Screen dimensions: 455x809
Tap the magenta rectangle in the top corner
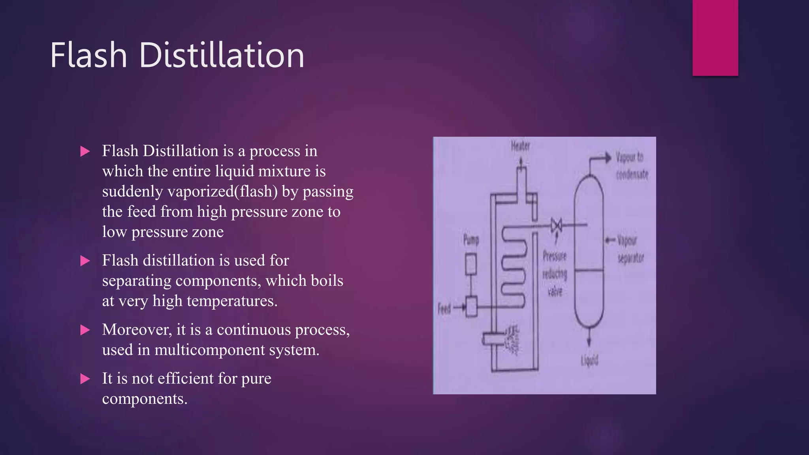pos(715,38)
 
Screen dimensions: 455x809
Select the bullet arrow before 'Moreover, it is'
pos(85,330)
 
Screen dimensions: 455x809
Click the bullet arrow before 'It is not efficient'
pos(85,379)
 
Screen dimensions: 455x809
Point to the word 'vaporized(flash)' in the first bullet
pos(223,192)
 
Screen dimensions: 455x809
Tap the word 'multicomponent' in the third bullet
pos(210,350)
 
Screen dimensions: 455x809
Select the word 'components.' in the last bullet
pos(145,399)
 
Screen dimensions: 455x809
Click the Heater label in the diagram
pos(520,146)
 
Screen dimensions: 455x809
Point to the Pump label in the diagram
pos(471,239)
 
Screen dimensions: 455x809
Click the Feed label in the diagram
pos(444,308)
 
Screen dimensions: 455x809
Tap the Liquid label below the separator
pos(589,360)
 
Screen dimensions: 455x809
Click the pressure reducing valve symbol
pos(557,226)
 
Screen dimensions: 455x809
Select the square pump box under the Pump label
pos(471,264)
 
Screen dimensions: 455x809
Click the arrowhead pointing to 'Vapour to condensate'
pos(608,158)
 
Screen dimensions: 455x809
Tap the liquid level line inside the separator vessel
pos(589,271)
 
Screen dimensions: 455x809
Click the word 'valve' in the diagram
pos(555,291)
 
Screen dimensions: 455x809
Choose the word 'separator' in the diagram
pos(631,258)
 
